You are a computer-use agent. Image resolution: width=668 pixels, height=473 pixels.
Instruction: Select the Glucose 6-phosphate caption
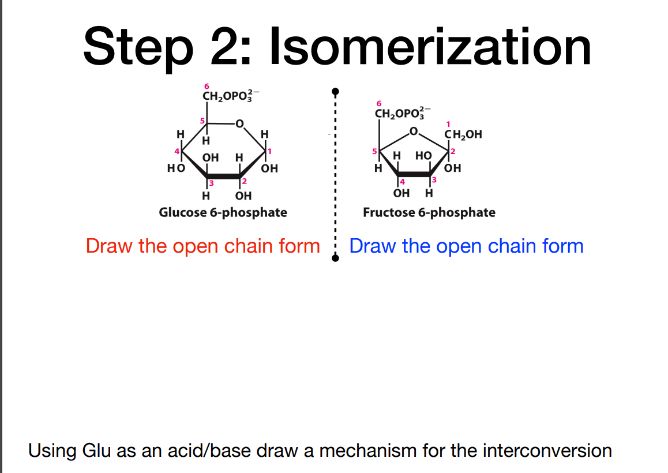(x=223, y=212)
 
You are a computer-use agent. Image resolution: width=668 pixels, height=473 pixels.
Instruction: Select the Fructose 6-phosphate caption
(x=429, y=212)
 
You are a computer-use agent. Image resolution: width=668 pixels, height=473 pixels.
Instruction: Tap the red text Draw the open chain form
(x=202, y=246)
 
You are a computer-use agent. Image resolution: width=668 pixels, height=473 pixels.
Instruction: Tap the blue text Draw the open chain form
(x=466, y=246)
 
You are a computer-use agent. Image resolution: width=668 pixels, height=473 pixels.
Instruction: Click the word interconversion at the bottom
(x=547, y=450)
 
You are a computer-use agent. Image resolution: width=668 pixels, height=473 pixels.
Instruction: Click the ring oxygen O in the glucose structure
(x=239, y=122)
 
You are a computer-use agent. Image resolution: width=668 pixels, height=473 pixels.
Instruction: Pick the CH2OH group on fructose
(x=463, y=136)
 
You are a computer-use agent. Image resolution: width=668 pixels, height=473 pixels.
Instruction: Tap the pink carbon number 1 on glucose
(x=269, y=151)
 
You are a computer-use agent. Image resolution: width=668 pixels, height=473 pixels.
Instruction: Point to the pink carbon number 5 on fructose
(x=374, y=152)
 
